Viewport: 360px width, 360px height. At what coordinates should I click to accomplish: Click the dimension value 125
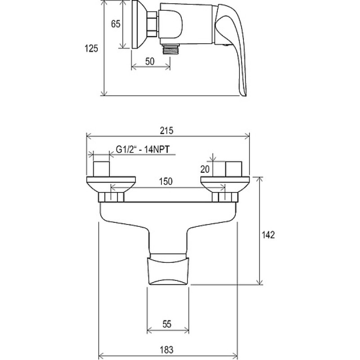(x=91, y=49)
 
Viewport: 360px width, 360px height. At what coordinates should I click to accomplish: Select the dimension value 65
(x=116, y=24)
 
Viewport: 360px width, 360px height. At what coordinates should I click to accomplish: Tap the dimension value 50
(x=150, y=62)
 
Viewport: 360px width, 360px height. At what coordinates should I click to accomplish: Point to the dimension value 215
(x=166, y=130)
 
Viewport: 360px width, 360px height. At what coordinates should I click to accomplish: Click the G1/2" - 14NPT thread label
(x=143, y=149)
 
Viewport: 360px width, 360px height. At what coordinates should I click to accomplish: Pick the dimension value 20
(x=205, y=170)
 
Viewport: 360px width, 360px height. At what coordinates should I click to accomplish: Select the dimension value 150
(x=166, y=181)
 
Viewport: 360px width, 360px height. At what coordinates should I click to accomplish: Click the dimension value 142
(x=268, y=235)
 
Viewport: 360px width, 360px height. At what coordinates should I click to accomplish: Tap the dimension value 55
(x=167, y=324)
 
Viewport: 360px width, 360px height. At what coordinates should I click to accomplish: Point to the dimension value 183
(x=166, y=350)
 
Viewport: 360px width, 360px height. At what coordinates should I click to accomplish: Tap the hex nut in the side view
(x=152, y=24)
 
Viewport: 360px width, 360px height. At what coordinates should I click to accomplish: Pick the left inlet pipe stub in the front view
(x=101, y=169)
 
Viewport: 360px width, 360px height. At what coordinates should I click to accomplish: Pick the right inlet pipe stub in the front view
(x=234, y=169)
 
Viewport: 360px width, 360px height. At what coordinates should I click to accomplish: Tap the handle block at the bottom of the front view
(x=168, y=269)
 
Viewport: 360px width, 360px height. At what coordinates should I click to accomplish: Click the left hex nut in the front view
(x=111, y=198)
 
